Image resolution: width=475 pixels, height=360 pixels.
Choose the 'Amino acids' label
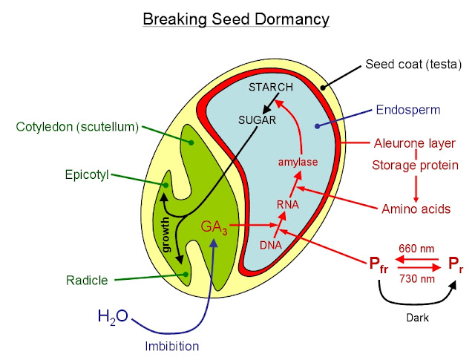(x=416, y=209)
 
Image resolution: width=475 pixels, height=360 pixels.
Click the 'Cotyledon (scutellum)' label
(x=77, y=126)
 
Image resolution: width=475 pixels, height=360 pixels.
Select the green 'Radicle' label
(x=86, y=280)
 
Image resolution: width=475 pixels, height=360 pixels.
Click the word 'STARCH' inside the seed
(x=271, y=87)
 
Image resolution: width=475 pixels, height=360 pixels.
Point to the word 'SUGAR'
(x=258, y=119)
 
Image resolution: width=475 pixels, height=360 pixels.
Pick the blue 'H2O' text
(x=113, y=317)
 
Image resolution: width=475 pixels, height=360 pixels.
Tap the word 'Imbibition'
(x=172, y=345)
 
